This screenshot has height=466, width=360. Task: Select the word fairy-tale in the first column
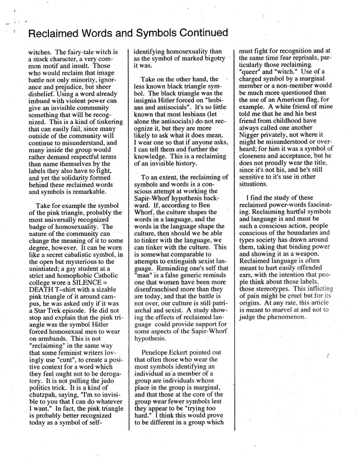(65, 52)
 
